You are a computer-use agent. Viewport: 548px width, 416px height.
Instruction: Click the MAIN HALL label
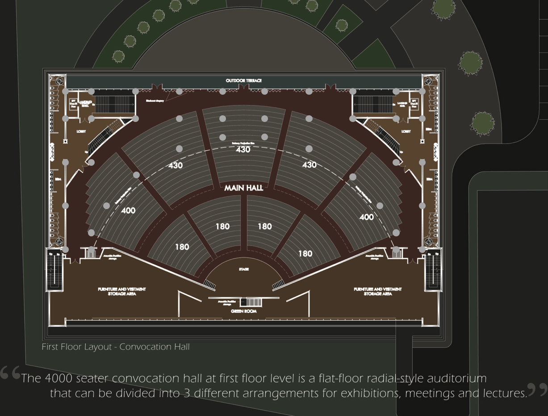pyautogui.click(x=243, y=188)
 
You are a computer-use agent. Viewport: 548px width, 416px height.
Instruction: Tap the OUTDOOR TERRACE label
pyautogui.click(x=243, y=80)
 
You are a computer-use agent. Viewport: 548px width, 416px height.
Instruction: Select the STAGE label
pyautogui.click(x=243, y=269)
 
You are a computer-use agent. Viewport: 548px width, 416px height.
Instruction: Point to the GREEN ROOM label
pyautogui.click(x=243, y=311)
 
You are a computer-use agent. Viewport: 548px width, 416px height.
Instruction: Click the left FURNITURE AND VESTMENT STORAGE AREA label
pyautogui.click(x=122, y=291)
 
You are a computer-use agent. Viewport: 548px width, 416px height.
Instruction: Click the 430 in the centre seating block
pyautogui.click(x=243, y=150)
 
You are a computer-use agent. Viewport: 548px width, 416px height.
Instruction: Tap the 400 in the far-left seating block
pyautogui.click(x=128, y=210)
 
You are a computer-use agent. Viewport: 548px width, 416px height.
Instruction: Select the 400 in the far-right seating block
pyautogui.click(x=367, y=217)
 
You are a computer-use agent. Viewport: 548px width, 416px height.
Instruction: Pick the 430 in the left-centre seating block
pyautogui.click(x=176, y=165)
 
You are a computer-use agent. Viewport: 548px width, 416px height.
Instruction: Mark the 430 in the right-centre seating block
pyautogui.click(x=310, y=165)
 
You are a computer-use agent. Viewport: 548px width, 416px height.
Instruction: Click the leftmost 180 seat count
pyautogui.click(x=182, y=247)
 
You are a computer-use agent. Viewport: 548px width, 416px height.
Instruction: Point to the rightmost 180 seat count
pyautogui.click(x=305, y=254)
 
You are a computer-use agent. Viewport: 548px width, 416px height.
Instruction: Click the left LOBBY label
pyautogui.click(x=81, y=131)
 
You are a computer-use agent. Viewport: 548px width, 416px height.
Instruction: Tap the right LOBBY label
pyautogui.click(x=406, y=131)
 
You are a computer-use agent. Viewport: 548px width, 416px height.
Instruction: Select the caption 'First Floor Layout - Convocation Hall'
pyautogui.click(x=116, y=347)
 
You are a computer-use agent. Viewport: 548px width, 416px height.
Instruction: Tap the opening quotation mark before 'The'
pyautogui.click(x=10, y=374)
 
